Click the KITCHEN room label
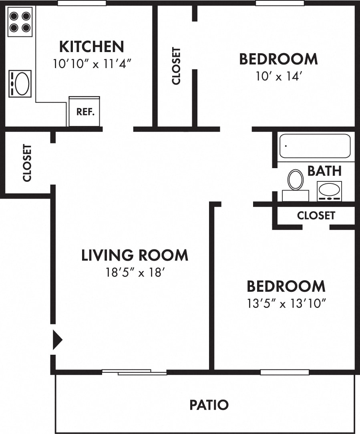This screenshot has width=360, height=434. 91,46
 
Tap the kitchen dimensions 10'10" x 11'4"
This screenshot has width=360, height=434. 92,64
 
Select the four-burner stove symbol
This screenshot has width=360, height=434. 20,22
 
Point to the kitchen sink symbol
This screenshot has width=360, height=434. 20,84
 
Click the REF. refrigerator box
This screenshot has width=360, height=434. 84,112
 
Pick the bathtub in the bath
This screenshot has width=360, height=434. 315,146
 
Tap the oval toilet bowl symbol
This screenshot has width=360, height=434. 296,179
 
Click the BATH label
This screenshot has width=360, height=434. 324,171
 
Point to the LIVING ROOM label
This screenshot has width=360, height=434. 135,255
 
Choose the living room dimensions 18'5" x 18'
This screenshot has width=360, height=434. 135,273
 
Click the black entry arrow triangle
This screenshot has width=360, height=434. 57,340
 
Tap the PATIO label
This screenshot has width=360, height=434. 209,405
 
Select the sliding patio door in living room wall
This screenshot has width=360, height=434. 135,372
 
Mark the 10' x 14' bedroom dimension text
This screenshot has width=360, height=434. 278,76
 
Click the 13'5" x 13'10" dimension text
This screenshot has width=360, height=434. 286,303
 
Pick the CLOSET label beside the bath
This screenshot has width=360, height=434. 316,215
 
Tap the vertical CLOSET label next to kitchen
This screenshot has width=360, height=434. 176,66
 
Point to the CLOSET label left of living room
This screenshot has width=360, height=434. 27,163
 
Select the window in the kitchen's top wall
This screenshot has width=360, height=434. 82,3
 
